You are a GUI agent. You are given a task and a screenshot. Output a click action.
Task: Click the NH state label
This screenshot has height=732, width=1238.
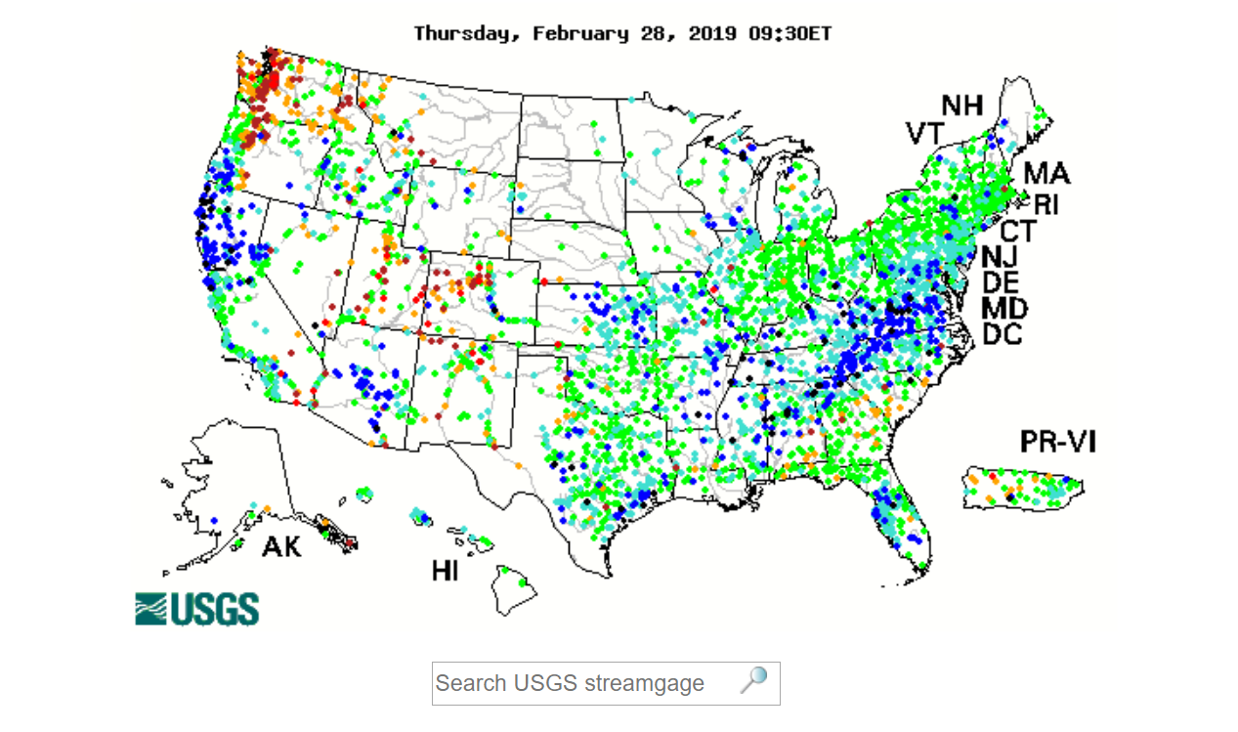961,106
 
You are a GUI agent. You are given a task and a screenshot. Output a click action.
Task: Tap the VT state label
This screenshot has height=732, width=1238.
927,133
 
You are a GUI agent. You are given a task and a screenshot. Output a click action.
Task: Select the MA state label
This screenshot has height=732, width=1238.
1046,174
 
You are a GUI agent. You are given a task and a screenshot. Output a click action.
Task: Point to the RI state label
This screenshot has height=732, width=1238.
1046,204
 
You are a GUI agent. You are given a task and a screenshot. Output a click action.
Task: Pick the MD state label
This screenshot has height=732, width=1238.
1004,309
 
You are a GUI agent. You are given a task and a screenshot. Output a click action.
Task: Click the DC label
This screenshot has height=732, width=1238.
1003,334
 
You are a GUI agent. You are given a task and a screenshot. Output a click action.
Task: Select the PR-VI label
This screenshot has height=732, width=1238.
1058,442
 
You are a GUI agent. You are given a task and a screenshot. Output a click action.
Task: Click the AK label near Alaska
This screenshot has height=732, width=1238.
281,546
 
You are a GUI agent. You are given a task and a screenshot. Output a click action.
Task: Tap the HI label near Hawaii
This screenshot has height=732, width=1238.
446,570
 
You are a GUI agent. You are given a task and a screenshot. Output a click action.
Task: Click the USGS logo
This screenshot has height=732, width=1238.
196,608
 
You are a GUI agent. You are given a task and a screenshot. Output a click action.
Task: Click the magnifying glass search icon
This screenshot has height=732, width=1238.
753,681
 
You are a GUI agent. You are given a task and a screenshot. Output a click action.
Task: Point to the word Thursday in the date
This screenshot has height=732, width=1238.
467,33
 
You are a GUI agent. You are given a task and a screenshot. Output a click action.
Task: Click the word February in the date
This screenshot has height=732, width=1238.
578,33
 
